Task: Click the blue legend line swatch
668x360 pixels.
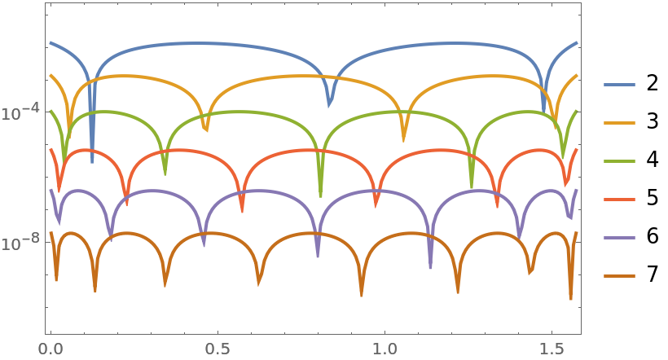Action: click(619, 85)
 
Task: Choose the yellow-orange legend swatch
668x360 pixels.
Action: click(619, 123)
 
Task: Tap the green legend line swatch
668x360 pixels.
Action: click(619, 161)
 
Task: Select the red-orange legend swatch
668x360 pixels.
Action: click(619, 200)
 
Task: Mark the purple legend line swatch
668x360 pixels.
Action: click(619, 238)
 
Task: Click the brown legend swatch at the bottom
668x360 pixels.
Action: click(619, 276)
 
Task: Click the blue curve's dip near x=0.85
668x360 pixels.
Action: click(329, 105)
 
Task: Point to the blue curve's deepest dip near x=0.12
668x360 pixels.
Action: click(92, 160)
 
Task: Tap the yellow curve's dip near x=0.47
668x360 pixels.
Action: click(206, 130)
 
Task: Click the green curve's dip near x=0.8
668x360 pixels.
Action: click(320, 195)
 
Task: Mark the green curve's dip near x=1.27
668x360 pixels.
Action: click(472, 187)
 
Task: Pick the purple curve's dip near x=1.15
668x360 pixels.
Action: click(431, 266)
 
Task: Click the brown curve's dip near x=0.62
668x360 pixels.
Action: click(259, 283)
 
